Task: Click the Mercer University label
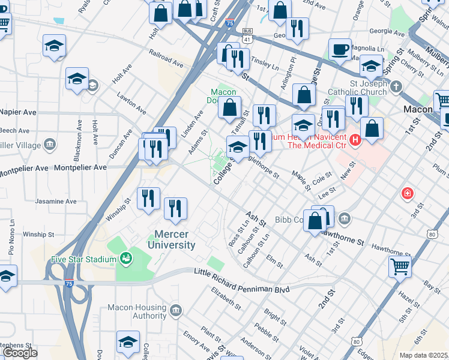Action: click(175, 239)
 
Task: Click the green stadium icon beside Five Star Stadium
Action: click(125, 259)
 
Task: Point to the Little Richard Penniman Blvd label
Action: click(242, 281)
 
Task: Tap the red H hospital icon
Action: click(355, 140)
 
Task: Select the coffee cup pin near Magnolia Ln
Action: click(340, 50)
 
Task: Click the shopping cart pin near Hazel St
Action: click(400, 266)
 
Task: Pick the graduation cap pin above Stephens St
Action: click(128, 342)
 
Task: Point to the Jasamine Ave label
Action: click(54, 201)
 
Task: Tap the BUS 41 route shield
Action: click(247, 31)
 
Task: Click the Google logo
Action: click(20, 353)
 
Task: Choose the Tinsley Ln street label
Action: click(265, 64)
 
